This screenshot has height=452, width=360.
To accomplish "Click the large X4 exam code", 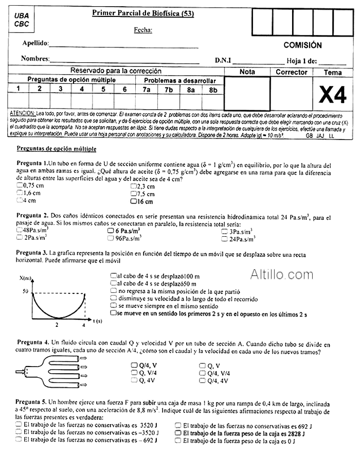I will (333, 95).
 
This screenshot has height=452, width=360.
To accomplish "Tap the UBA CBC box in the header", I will (22, 20).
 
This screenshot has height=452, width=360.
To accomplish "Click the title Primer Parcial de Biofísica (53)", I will (142, 14).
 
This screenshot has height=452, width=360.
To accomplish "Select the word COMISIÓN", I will (302, 45).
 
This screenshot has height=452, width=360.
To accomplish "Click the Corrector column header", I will (291, 72).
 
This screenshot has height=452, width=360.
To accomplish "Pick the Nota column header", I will (247, 72).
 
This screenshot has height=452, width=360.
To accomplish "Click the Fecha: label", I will (143, 30).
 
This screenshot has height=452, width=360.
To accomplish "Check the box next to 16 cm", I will (133, 201).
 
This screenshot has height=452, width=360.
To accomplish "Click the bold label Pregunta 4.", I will (33, 342).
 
